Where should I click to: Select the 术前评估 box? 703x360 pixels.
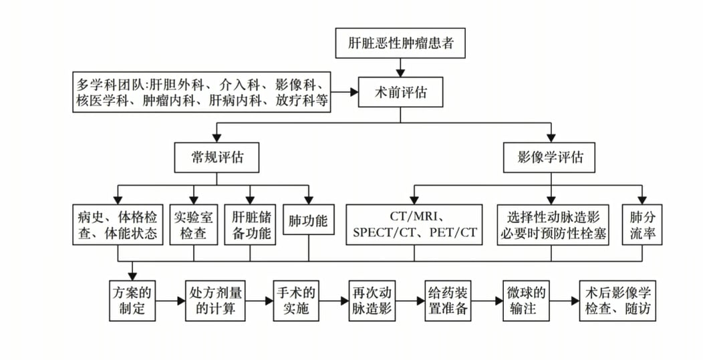[400, 93]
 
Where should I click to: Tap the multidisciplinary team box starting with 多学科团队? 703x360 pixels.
[202, 93]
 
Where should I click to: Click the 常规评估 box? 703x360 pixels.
[217, 157]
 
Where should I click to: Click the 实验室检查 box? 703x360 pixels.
[194, 225]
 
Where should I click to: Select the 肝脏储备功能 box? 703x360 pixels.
[251, 225]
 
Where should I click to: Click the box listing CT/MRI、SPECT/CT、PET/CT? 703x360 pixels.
[414, 225]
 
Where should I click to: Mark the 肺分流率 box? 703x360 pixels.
[642, 225]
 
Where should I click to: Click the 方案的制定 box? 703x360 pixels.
[133, 301]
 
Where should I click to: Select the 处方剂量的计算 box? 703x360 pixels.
[216, 301]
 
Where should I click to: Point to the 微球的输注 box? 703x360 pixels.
[525, 301]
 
